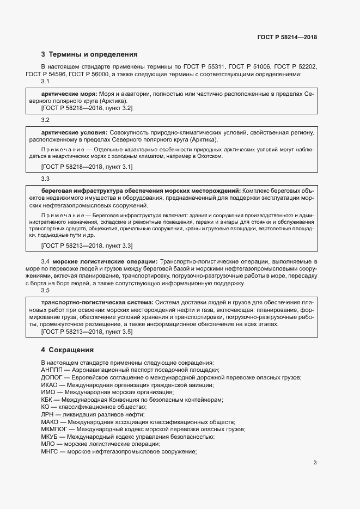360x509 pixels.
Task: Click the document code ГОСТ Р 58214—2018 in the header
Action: coord(287,38)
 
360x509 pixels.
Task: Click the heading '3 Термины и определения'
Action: coord(89,54)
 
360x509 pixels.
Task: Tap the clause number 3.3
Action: coord(45,179)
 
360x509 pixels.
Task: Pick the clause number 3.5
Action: coord(45,291)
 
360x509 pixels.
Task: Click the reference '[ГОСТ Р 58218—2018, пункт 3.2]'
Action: coord(87,108)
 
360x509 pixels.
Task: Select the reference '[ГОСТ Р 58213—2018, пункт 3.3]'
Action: coord(87,246)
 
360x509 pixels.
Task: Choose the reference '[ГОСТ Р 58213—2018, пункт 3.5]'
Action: coord(87,332)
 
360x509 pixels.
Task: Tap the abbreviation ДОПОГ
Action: coord(51,377)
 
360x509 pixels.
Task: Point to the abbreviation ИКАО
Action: coord(49,385)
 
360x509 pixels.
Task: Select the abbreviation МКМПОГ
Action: coord(53,430)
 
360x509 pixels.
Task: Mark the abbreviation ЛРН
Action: coord(47,414)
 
